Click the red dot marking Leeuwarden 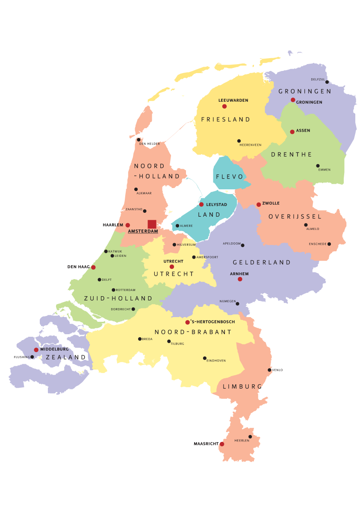pos(224,106)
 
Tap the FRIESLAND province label pos(226,120)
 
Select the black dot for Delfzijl pos(327,82)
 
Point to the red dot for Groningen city pos(293,100)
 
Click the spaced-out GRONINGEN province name pos(305,91)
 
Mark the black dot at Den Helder pos(139,140)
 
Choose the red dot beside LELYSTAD pos(201,204)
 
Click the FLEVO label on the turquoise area pos(230,177)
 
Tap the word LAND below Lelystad pos(210,215)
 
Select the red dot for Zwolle pos(259,205)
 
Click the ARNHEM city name pos(239,274)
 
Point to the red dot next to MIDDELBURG pos(36,350)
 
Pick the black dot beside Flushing pos(32,357)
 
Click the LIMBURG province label pos(242,386)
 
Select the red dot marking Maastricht pos(222,444)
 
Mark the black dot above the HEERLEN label pos(251,437)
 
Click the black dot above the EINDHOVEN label pos(205,358)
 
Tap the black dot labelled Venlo pos(269,370)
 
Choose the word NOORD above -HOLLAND pos(150,166)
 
